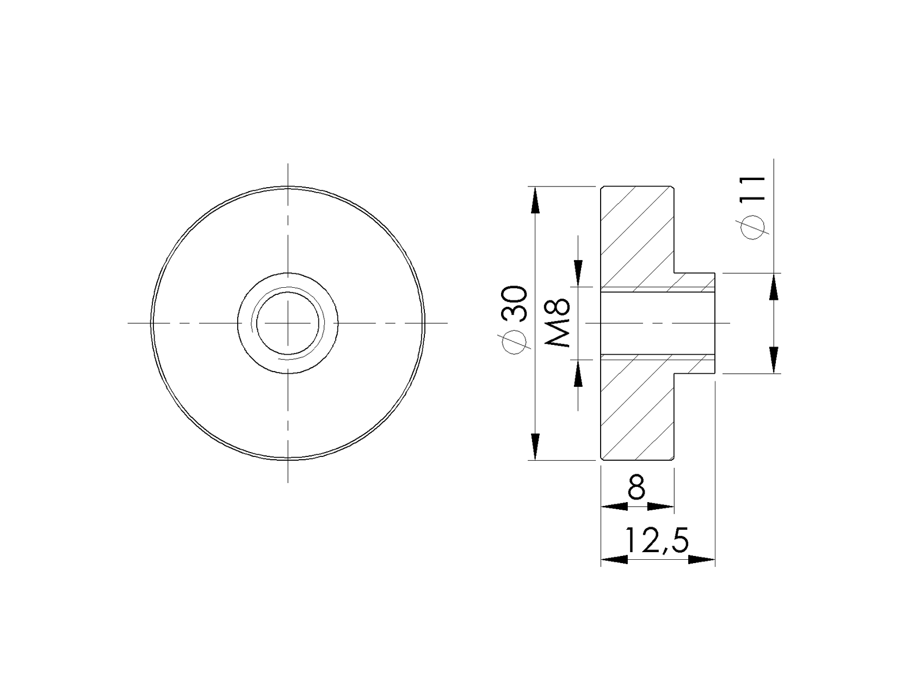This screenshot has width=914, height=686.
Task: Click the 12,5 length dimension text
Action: tap(657, 540)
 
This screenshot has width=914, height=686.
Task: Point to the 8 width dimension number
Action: tap(636, 487)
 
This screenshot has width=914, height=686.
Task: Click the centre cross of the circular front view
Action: tap(288, 323)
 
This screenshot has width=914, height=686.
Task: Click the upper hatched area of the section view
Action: tap(637, 234)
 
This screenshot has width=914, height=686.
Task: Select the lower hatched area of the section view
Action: tap(637, 413)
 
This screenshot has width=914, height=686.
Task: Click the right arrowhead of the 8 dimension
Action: tap(661, 506)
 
